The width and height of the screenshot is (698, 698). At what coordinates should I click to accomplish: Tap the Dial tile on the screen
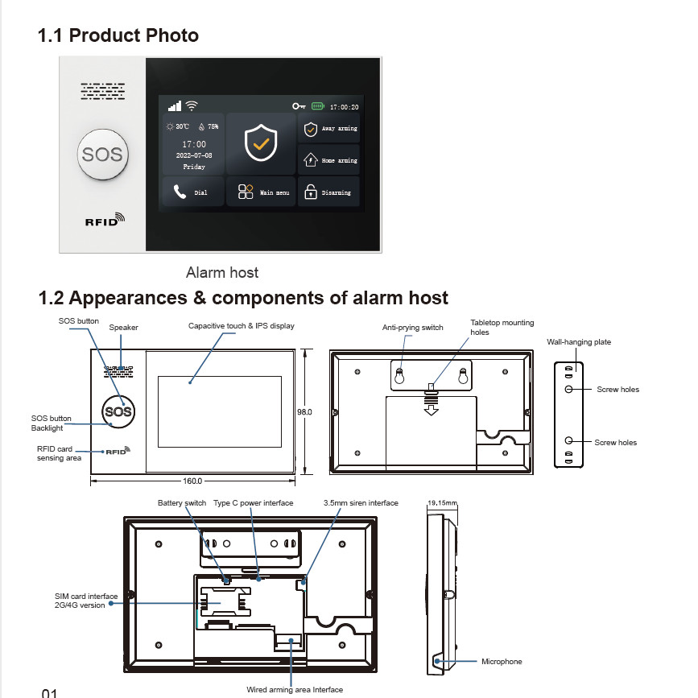pos(192,192)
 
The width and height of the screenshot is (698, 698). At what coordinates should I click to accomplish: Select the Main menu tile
pos(261,192)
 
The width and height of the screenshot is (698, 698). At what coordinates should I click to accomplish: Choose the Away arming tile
pos(329,129)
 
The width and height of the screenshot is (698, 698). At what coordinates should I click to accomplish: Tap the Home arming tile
pos(329,160)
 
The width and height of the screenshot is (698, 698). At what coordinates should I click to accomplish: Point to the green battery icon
pos(318,106)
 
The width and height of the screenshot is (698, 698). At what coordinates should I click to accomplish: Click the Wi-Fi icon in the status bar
pos(192,105)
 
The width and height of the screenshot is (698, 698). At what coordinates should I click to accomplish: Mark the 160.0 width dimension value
pos(192,482)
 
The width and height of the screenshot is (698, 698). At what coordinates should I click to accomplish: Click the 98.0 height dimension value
pos(304,411)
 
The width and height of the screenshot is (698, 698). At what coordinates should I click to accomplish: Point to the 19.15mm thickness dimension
pos(442,503)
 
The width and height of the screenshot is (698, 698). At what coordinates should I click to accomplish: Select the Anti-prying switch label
pos(412,328)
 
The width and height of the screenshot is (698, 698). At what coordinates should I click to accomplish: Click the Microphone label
pos(502,662)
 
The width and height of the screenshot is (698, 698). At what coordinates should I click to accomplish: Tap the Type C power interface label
pos(253,503)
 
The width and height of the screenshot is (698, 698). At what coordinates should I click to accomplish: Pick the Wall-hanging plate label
pos(578,342)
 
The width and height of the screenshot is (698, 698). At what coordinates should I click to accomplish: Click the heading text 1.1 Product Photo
pos(118,35)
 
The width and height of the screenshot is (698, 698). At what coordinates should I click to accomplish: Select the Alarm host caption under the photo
pos(222,273)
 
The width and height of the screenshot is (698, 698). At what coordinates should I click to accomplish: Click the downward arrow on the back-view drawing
pos(432,409)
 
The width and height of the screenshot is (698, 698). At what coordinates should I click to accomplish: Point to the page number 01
pos(50,692)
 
